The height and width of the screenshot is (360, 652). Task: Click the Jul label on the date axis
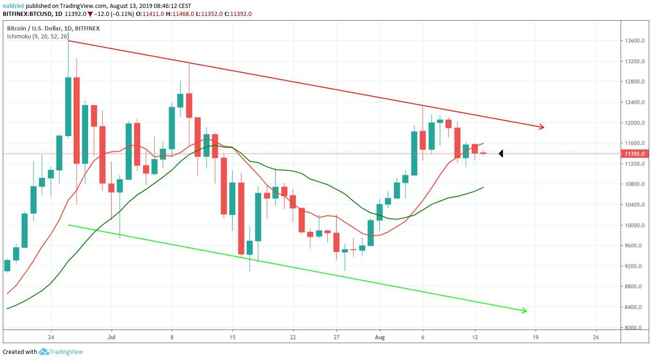point(112,337)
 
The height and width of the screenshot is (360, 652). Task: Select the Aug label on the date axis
point(380,337)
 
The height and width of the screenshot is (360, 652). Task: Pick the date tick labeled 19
point(535,337)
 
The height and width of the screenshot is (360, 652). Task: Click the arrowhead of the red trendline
point(542,127)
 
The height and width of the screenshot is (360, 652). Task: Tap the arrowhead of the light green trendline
point(525,310)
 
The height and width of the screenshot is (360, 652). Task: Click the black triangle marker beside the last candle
point(501,153)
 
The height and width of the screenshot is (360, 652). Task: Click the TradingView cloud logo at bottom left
point(44,352)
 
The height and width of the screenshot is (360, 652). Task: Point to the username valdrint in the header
point(14,6)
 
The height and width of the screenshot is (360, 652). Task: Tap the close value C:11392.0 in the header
point(238,14)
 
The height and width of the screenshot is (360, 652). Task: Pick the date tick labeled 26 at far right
point(596,337)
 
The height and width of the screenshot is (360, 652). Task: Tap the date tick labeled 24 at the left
point(51,337)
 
